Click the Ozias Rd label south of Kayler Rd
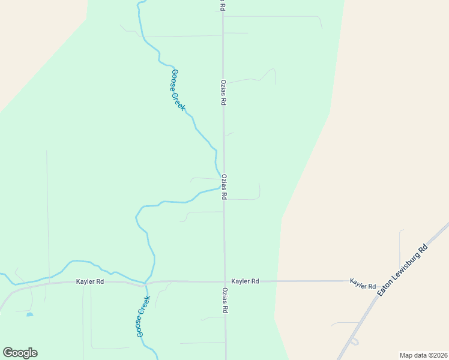(x=226, y=302)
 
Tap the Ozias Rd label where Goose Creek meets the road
(x=223, y=187)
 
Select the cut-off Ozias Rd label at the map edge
(x=222, y=5)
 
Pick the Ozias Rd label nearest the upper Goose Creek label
(x=223, y=93)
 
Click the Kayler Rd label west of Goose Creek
(x=90, y=281)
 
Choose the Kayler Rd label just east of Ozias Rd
(x=245, y=281)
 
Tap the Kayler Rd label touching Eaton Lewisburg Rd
(x=363, y=283)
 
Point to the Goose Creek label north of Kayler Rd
(x=178, y=90)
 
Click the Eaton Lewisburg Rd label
(x=402, y=269)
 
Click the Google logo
(x=20, y=353)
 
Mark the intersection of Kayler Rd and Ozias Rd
(x=225, y=281)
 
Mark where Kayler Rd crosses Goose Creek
(x=145, y=283)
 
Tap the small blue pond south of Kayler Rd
(x=29, y=314)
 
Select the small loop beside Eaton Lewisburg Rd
(x=354, y=341)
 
